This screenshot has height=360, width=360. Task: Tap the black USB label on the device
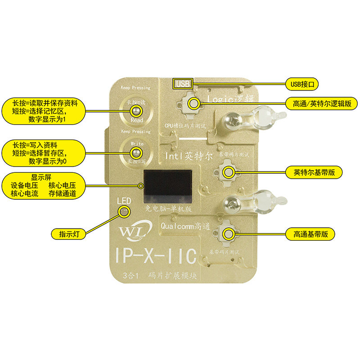tap(183, 83)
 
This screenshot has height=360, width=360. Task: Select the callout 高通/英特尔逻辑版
tap(321, 103)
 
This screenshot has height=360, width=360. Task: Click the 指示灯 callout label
tap(69, 234)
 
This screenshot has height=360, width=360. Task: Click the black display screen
tap(167, 187)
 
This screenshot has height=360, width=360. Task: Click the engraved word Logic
tap(218, 98)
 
